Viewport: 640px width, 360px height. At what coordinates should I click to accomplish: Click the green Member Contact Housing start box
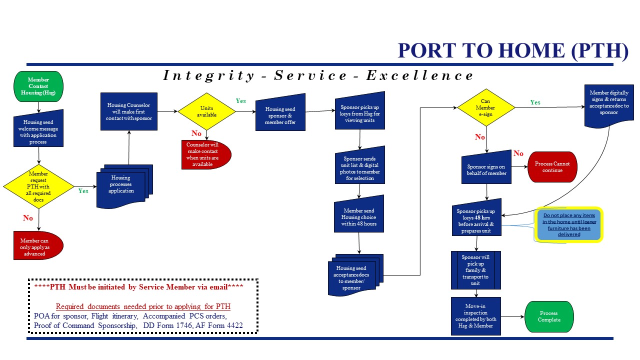point(38,86)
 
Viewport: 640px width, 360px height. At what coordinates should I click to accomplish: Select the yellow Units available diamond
point(206,111)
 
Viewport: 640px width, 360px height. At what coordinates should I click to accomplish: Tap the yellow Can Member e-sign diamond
point(485,107)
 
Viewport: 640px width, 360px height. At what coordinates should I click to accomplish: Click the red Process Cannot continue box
point(552,167)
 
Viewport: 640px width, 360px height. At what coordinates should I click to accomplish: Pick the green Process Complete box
point(548,316)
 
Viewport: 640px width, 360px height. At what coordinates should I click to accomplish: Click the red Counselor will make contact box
point(206,154)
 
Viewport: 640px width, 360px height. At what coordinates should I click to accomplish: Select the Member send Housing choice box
point(358,217)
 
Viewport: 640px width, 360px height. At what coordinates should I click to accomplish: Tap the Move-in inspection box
point(475,316)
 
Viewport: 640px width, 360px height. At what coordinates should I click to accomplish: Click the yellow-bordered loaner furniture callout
point(569,224)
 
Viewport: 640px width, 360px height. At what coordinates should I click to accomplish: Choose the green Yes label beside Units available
point(240,101)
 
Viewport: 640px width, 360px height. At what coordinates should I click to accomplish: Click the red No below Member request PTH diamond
point(28,218)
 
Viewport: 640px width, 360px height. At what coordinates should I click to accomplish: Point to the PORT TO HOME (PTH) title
point(512,50)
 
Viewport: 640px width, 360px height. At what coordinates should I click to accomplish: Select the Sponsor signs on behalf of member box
point(486,170)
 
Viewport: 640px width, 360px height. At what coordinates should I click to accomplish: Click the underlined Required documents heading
point(143,306)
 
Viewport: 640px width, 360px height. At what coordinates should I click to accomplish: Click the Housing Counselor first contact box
point(129,111)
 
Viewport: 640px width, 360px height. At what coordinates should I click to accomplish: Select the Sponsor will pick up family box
point(475,270)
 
